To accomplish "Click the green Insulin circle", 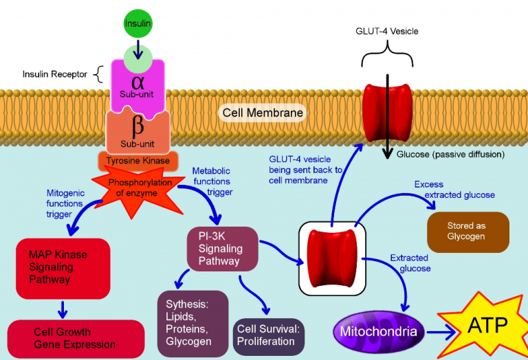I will [x=137, y=24].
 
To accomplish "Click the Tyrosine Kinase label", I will [x=137, y=161].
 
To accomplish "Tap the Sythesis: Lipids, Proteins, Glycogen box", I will [x=192, y=323].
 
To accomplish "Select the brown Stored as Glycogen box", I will [x=467, y=232].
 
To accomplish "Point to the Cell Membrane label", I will [x=262, y=112].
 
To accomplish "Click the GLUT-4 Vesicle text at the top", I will [x=386, y=32].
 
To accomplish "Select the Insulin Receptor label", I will [x=54, y=74].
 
